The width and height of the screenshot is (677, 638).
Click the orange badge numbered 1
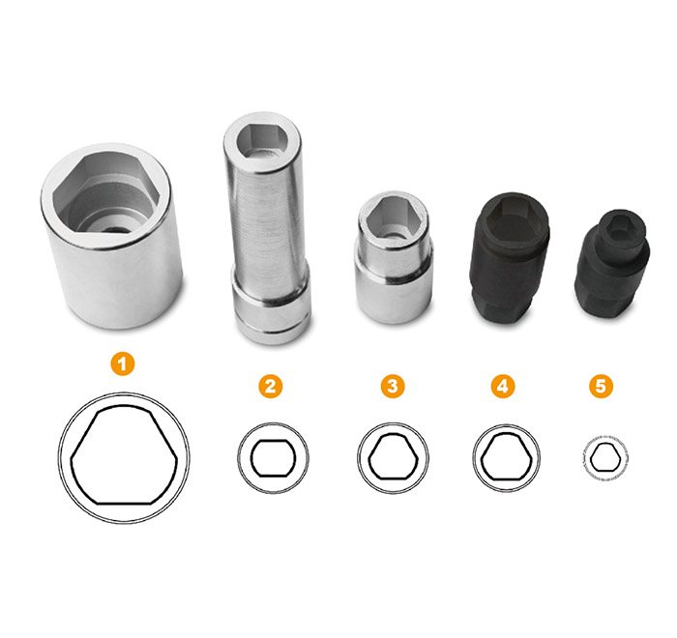coord(123,363)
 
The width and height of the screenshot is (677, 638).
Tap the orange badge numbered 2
coord(271,386)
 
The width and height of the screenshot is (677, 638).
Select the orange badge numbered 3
coord(393,386)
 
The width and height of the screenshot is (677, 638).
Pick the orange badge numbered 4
coord(503,386)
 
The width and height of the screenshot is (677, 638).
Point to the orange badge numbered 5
coord(601,386)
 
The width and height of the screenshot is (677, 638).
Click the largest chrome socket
coord(111,236)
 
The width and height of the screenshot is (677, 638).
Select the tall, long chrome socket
coord(266,228)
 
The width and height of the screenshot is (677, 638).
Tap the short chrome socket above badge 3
coord(394,257)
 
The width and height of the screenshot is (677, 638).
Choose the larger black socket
coord(510,258)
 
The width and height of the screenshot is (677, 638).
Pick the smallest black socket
coord(612,264)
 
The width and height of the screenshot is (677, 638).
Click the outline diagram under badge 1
coord(124,457)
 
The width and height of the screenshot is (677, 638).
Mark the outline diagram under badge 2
coord(273,458)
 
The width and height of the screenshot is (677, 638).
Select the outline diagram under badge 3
coord(393,458)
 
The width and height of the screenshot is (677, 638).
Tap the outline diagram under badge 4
coord(506,458)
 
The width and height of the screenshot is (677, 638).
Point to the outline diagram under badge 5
coord(604,457)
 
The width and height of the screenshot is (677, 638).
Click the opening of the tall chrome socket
coord(262,140)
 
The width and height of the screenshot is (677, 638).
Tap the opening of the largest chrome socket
coord(106,193)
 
